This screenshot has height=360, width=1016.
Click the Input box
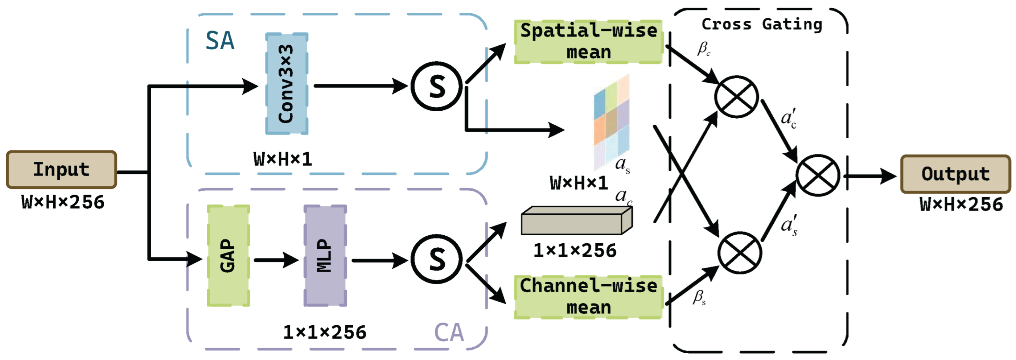62,170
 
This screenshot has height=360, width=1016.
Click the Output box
955,174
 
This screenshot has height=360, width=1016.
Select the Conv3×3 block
287,84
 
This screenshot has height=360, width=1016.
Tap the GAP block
229,256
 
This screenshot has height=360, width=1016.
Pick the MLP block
325,256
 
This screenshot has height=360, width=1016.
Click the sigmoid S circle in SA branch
437,86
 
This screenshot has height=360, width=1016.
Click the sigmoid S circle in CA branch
437,259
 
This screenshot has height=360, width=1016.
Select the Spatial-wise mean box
588,42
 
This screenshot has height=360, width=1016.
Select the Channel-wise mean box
588,297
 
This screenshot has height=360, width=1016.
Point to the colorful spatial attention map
611,122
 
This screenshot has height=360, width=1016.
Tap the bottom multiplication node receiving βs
740,253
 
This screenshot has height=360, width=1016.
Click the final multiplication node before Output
818,175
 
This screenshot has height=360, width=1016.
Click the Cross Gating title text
762,24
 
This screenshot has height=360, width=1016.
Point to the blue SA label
220,41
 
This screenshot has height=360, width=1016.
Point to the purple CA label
449,332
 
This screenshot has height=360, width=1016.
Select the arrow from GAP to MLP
276,260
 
